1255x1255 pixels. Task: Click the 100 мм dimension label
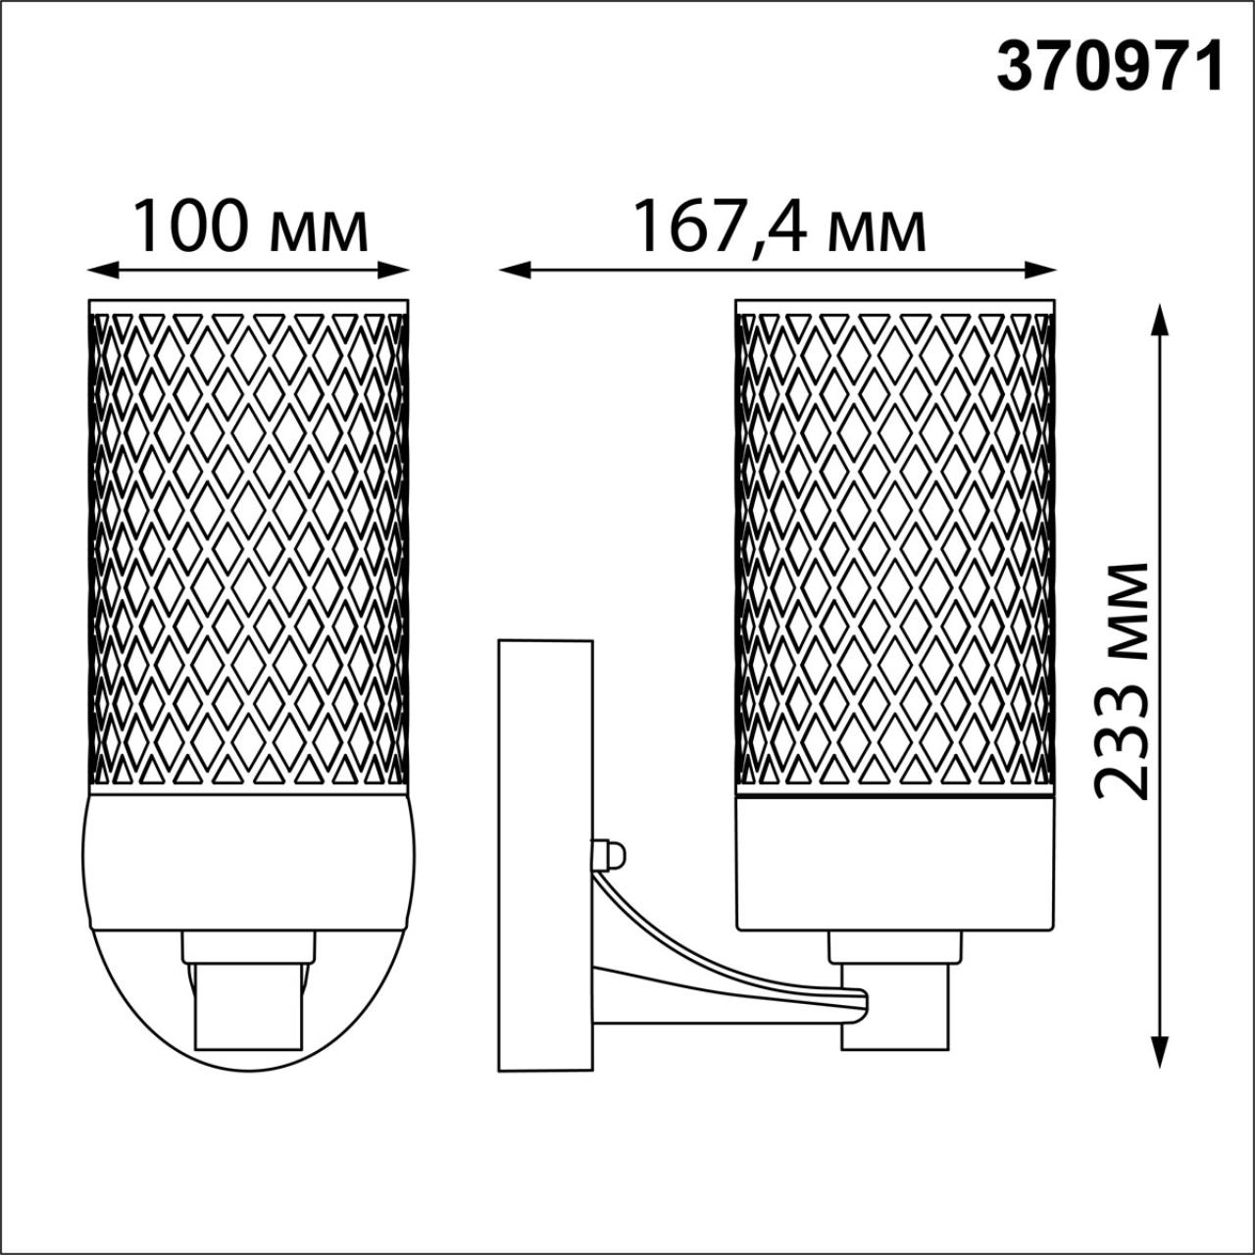pos(250,227)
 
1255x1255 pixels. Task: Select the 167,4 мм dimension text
pos(779,227)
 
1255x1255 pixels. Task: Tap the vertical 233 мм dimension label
pos(1121,681)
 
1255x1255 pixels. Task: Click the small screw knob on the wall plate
pos(609,853)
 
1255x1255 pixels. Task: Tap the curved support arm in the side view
pos(706,971)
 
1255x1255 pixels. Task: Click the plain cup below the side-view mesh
pos(895,863)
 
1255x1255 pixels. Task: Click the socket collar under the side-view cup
pos(894,947)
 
